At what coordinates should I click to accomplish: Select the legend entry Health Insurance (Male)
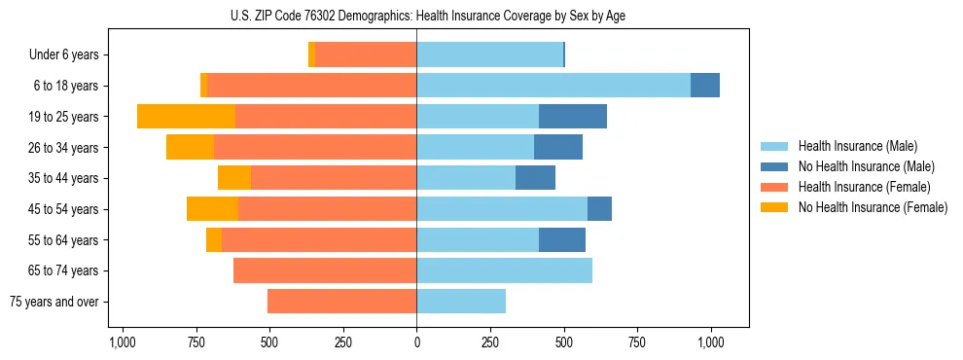tap(857, 146)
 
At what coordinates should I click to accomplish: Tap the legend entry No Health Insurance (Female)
tap(872, 207)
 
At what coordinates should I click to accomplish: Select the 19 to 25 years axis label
tap(64, 117)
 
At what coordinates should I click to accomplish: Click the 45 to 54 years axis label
tap(64, 209)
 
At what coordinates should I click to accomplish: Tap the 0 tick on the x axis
tap(416, 342)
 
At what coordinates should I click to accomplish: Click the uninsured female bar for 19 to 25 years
tap(186, 117)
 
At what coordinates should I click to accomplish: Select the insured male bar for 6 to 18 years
tap(553, 86)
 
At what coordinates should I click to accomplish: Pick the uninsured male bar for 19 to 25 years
tap(573, 117)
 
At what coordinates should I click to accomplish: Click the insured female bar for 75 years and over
tap(341, 302)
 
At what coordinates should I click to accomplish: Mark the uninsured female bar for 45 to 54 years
tap(212, 209)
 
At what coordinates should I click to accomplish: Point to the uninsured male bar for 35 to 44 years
tap(535, 178)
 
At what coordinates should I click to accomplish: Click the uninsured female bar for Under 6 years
tap(311, 54)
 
